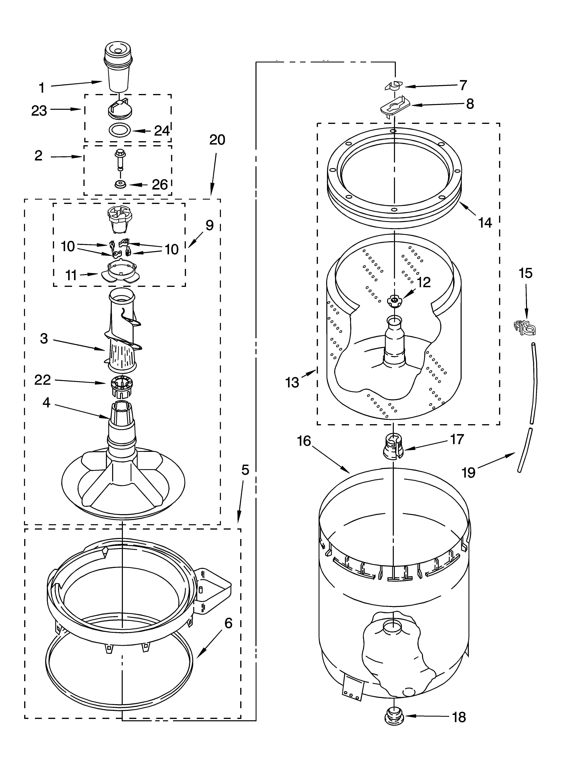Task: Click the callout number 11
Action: point(71,275)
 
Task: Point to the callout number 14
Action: point(485,223)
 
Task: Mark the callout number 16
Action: point(304,441)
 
